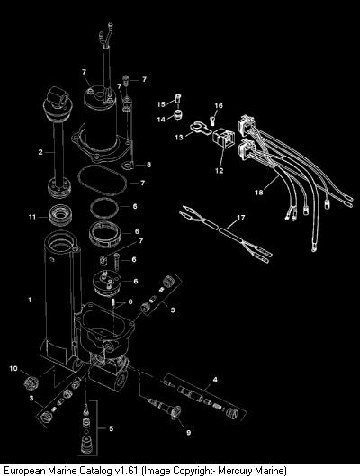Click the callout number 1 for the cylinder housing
[30, 301]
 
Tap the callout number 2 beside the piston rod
[40, 152]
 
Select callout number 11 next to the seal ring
[32, 217]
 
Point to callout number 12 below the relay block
[220, 171]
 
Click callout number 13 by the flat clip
[179, 138]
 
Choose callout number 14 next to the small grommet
[161, 120]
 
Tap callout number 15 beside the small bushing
[161, 104]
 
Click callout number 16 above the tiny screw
[219, 105]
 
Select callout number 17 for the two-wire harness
[240, 218]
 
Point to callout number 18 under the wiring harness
[259, 193]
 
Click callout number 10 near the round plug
[13, 369]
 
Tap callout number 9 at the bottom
[188, 432]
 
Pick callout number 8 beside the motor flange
[148, 165]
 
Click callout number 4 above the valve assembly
[215, 380]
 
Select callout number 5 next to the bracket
[112, 428]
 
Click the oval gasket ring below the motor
[103, 181]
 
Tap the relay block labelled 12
[224, 139]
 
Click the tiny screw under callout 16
[212, 121]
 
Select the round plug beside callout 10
[31, 382]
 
